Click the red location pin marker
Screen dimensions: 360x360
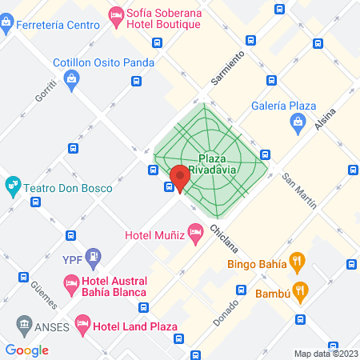179,178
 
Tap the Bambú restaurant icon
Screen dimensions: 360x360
301,291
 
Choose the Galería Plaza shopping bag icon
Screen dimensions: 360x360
297,122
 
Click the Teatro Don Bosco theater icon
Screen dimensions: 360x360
13,187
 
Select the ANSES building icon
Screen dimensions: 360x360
23,326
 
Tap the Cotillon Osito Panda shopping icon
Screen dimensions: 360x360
72,78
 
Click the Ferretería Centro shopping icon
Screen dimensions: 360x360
6,22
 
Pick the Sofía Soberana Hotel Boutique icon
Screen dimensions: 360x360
116,14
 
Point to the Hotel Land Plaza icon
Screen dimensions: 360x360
82,324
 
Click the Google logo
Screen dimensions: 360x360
27,349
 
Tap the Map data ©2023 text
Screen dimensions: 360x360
326,354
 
